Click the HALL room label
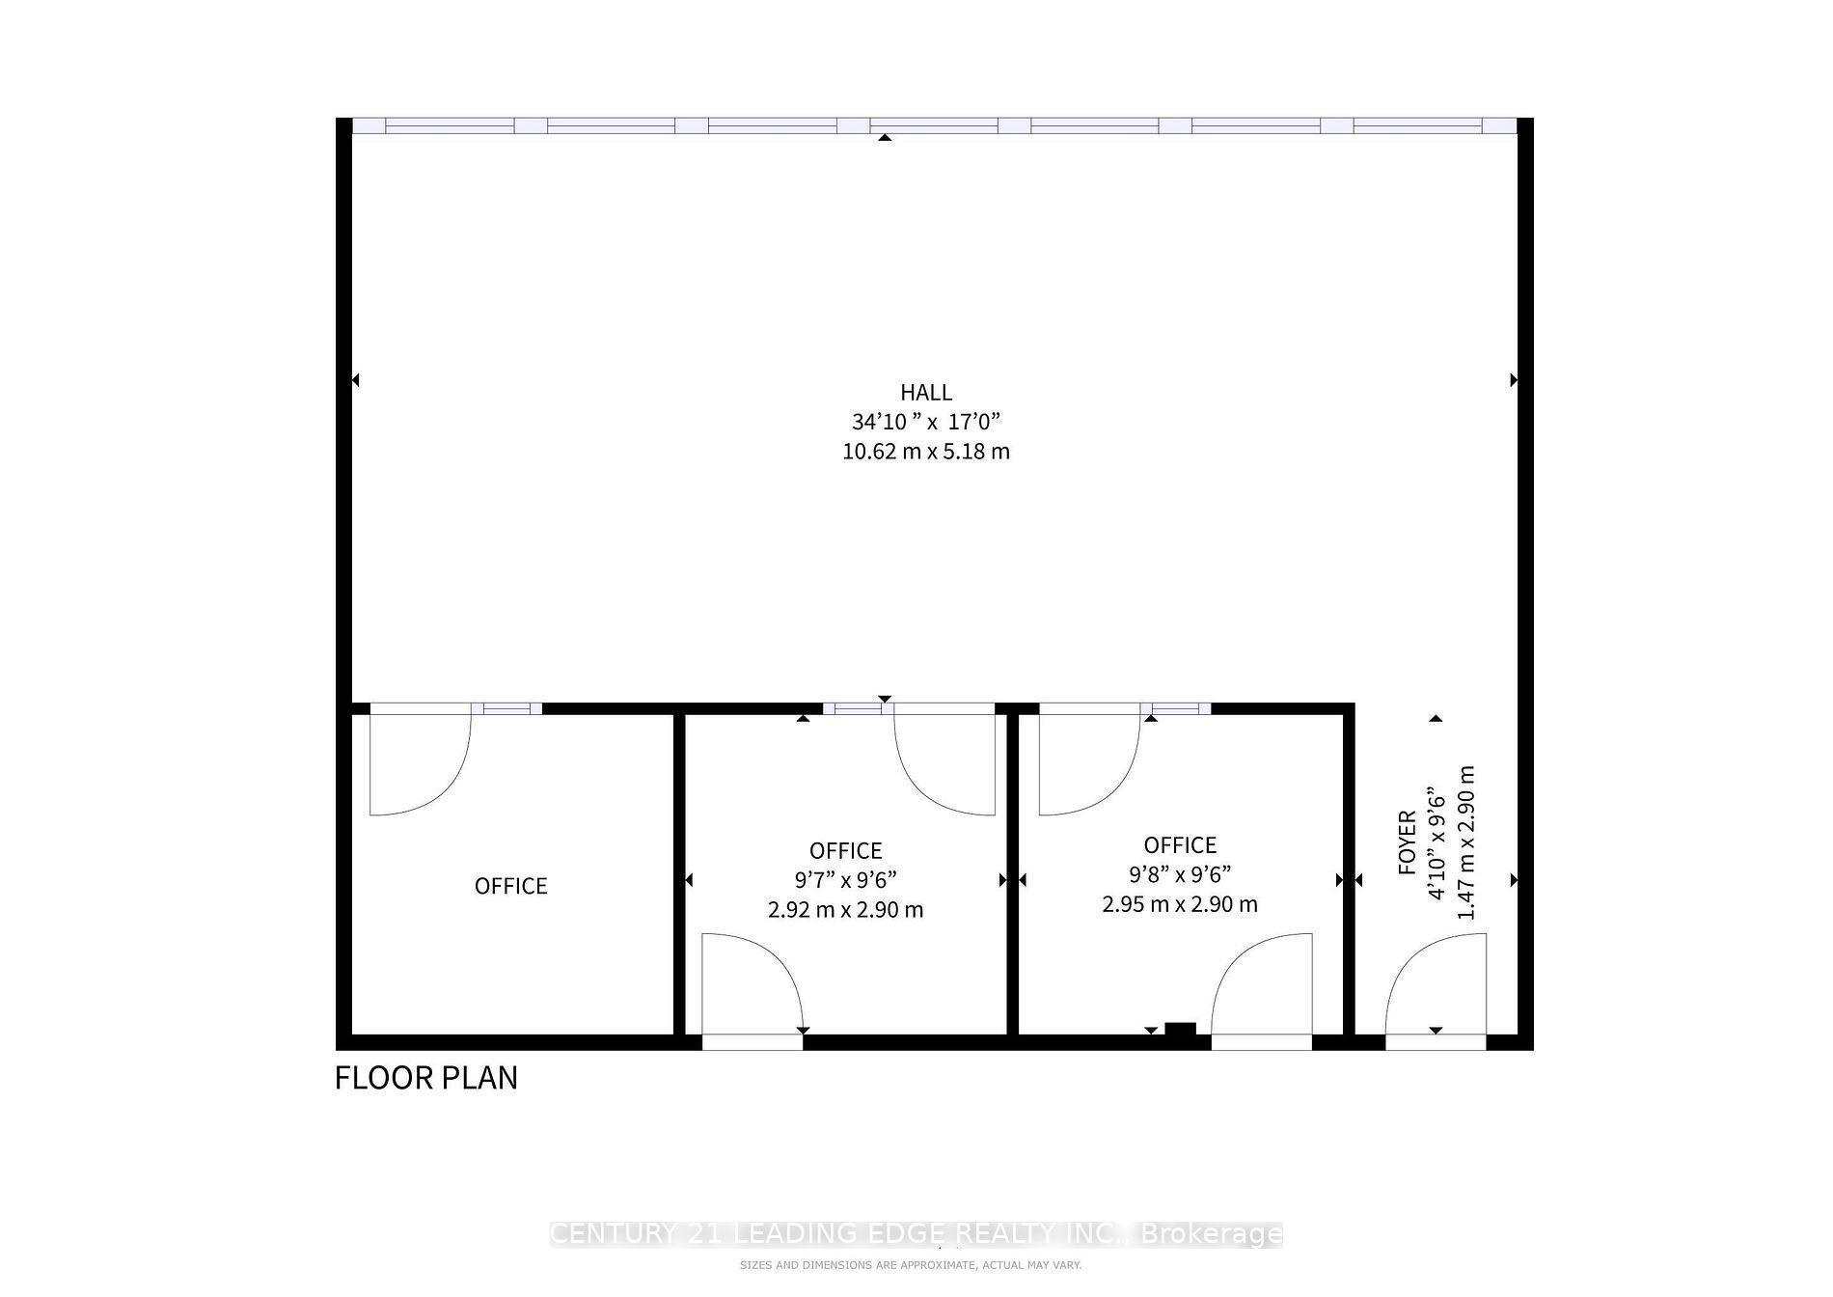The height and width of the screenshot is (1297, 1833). [926, 393]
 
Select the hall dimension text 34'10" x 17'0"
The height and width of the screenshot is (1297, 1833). [926, 422]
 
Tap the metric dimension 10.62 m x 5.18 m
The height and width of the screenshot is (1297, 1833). [926, 452]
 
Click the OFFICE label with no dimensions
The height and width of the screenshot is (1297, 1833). [511, 886]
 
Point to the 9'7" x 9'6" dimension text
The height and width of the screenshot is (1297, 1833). [846, 880]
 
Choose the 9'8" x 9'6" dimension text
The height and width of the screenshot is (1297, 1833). [1180, 874]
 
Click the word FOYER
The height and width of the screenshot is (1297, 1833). [1408, 842]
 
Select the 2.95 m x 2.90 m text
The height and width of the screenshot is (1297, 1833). [1180, 904]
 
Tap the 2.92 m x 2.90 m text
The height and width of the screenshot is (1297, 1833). [846, 910]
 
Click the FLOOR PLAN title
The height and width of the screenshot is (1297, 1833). [426, 1078]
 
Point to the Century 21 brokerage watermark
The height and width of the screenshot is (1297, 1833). [916, 1234]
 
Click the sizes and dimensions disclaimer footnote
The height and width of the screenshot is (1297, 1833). [911, 1265]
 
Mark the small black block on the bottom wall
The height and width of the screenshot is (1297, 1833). [1181, 1029]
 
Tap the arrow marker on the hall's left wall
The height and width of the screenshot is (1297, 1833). [355, 380]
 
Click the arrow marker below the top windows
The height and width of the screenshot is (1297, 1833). [885, 138]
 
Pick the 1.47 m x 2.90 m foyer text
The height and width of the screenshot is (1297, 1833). [1466, 842]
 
